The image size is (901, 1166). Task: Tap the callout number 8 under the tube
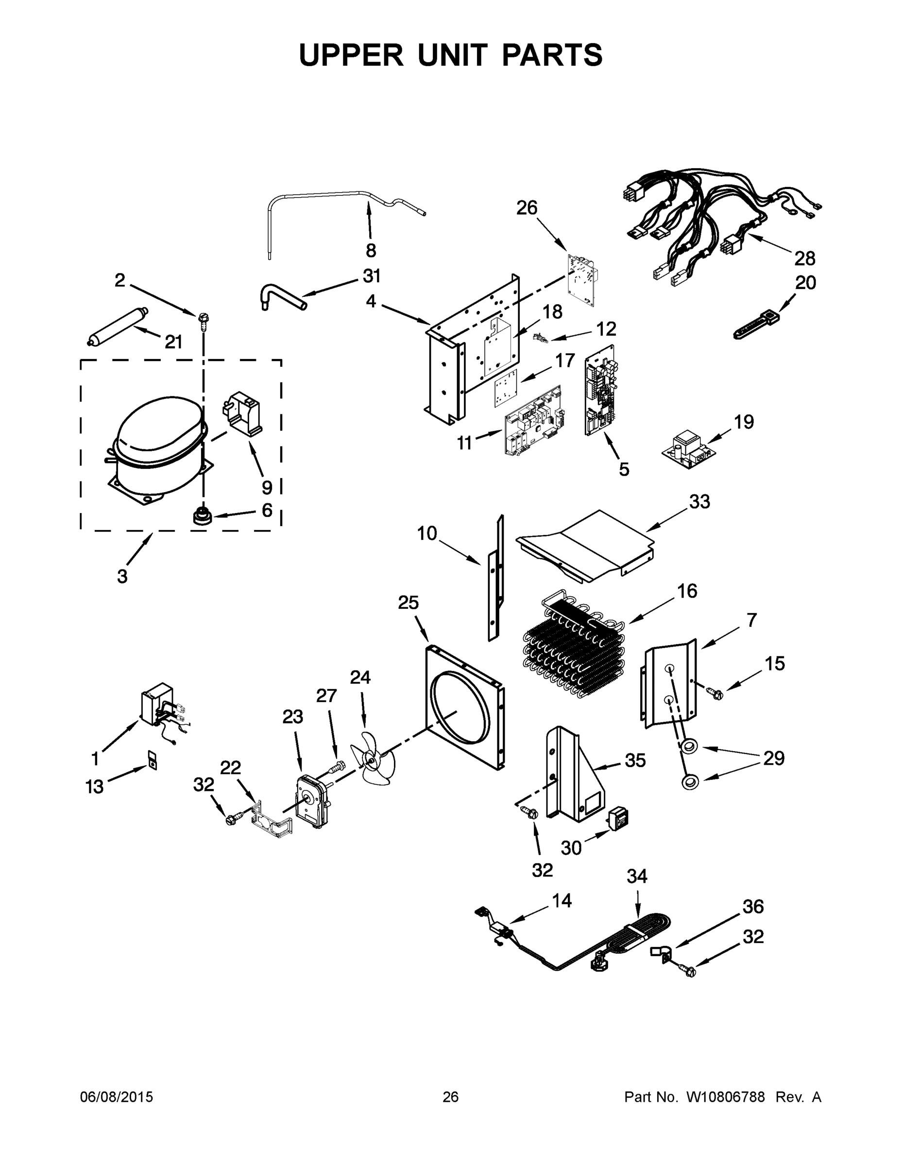(x=371, y=249)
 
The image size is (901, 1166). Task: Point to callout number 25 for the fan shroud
(x=408, y=602)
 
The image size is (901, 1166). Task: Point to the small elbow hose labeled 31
(x=283, y=296)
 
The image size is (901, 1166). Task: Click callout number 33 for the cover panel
(x=699, y=501)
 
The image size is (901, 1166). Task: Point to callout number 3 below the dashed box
(x=122, y=576)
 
